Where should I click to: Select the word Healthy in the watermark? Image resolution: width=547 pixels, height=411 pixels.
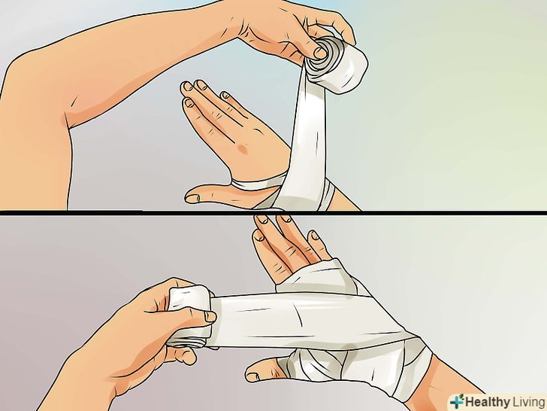point(488,402)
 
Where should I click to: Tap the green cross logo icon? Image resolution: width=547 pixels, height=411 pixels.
point(457,401)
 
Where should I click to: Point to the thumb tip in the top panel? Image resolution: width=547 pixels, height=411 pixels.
point(191,198)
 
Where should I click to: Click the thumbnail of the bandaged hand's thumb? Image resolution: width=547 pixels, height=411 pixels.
point(253,376)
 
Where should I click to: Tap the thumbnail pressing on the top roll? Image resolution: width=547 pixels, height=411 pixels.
point(320,53)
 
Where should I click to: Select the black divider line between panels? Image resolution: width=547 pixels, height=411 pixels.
point(273,212)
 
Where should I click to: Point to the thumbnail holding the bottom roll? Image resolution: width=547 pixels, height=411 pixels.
point(210,317)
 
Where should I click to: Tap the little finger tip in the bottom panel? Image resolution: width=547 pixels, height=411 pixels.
point(316,235)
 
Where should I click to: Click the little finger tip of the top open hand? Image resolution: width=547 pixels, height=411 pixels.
point(226,95)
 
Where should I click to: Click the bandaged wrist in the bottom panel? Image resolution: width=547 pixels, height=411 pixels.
point(412,370)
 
